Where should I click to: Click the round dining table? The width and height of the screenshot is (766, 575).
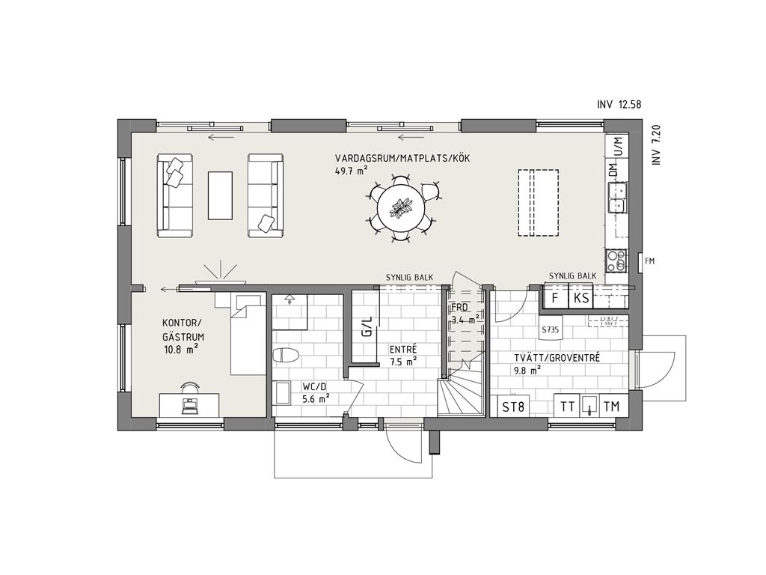(x=402, y=208)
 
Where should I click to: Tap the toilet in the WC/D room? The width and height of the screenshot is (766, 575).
(x=286, y=355)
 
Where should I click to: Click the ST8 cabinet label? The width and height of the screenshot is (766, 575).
(x=513, y=406)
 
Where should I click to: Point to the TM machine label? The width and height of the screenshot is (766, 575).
(x=612, y=406)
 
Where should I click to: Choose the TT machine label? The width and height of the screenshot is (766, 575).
(x=567, y=406)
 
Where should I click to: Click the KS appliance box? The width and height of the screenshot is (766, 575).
(x=580, y=298)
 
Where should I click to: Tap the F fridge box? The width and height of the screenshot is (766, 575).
(x=556, y=298)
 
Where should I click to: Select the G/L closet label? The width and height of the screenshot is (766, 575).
(x=367, y=326)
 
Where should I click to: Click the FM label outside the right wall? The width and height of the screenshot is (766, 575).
(x=649, y=261)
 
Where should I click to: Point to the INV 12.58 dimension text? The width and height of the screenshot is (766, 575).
(x=619, y=104)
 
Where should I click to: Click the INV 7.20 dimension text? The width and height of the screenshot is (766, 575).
(x=656, y=144)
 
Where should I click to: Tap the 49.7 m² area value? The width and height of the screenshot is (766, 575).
(x=352, y=170)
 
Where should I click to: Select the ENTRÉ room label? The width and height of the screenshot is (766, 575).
(x=403, y=350)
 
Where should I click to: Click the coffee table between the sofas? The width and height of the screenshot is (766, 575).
(x=221, y=195)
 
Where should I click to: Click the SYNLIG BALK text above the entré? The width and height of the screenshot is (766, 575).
(x=409, y=277)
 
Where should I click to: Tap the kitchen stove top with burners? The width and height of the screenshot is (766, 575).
(x=616, y=261)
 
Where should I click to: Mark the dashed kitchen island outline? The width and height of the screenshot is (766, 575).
(x=539, y=203)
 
